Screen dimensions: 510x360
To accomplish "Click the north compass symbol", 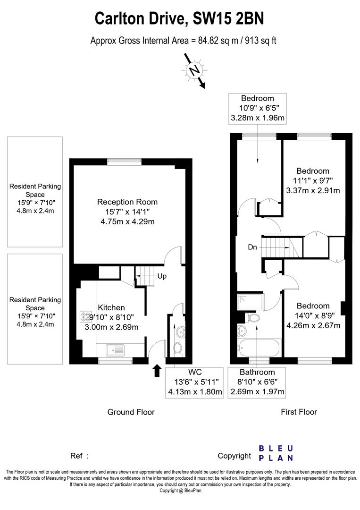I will pyautogui.click(x=193, y=71).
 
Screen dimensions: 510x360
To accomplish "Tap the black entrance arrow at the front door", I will pyautogui.click(x=157, y=371).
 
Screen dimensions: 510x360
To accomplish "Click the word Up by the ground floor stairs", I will pyautogui.click(x=162, y=276).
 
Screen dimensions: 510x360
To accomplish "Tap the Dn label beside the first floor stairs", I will pyautogui.click(x=252, y=246).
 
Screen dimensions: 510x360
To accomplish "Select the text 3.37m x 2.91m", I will pyautogui.click(x=313, y=191).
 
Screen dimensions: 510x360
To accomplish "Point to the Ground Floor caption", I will pyautogui.click(x=131, y=412).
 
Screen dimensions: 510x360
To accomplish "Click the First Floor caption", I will pyautogui.click(x=299, y=412).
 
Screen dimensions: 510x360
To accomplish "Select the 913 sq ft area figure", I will pyautogui.click(x=259, y=41).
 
